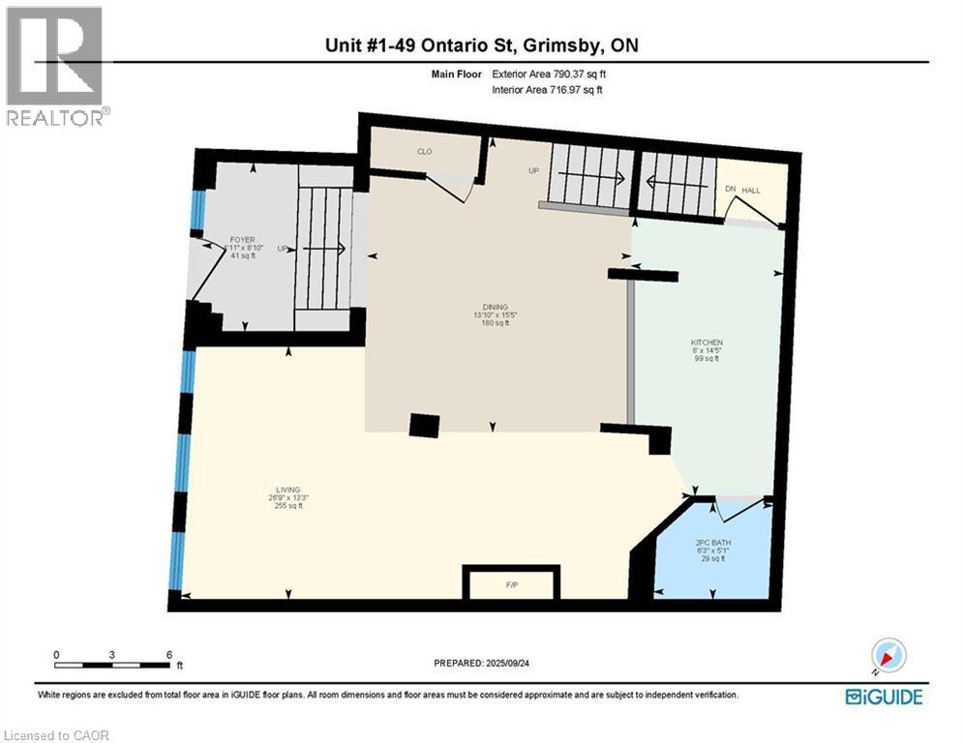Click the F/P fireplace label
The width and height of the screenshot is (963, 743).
(512, 586)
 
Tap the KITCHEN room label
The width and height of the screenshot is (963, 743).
(706, 342)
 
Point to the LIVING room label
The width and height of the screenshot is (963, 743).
(287, 490)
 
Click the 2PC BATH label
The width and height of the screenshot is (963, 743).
(709, 543)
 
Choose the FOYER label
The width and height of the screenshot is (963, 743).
(242, 239)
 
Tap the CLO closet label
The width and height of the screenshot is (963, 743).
(424, 152)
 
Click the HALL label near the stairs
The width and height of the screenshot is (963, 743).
(751, 191)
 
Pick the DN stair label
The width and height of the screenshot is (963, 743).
(731, 191)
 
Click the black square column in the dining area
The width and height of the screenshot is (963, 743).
(424, 427)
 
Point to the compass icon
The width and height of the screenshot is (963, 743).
(888, 656)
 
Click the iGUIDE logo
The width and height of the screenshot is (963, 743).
(883, 697)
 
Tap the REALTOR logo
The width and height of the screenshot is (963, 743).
(55, 66)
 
